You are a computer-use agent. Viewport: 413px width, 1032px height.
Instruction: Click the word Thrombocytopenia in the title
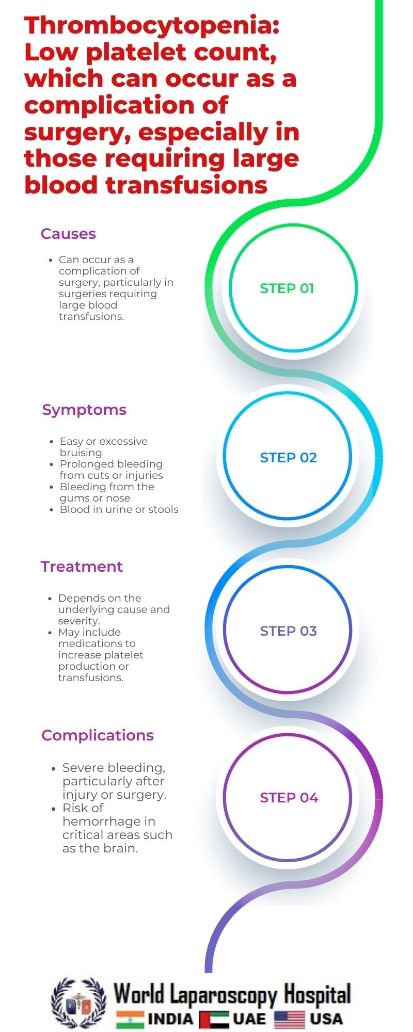[152, 26]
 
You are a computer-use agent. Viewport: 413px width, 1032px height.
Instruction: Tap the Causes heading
[68, 234]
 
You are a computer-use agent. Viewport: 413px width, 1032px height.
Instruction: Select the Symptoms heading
[84, 410]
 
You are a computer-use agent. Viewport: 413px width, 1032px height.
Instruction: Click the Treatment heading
[82, 567]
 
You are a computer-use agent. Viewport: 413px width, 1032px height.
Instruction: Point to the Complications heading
[98, 735]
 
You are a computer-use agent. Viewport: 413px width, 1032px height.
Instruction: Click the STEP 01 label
[287, 288]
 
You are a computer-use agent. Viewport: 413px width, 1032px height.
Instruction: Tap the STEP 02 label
[288, 458]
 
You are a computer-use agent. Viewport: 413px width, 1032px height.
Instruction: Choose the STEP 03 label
[288, 631]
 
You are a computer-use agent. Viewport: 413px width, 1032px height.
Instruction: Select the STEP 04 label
[289, 798]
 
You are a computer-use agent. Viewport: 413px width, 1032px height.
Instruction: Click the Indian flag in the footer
[130, 1019]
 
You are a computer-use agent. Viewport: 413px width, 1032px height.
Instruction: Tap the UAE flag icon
[214, 1020]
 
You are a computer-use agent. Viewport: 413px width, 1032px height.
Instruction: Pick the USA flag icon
[290, 1019]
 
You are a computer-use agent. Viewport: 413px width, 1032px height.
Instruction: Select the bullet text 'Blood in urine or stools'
[119, 509]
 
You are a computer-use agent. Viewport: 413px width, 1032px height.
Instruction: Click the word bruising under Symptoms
[81, 453]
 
